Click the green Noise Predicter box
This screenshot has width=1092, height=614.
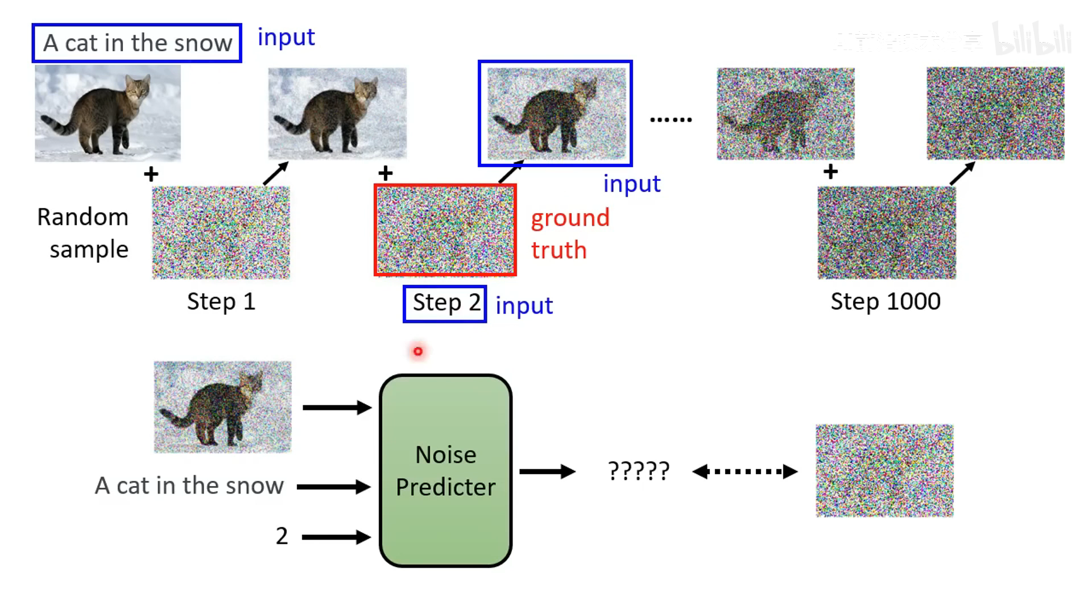[445, 470]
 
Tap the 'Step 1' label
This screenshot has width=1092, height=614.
[221, 301]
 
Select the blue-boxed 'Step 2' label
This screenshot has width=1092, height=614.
[445, 304]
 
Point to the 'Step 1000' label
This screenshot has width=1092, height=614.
[886, 301]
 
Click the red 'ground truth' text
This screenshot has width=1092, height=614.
[569, 234]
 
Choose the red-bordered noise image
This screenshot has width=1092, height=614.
[445, 230]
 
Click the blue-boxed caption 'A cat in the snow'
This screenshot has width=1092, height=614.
[137, 43]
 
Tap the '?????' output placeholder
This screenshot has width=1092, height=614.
[639, 471]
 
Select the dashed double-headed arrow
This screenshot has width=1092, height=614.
[744, 471]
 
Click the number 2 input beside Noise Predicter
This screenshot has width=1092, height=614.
[282, 536]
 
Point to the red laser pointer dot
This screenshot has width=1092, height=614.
[418, 351]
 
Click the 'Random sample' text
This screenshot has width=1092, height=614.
[84, 233]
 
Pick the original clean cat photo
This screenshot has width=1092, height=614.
[108, 113]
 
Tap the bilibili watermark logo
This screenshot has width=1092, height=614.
[1032, 40]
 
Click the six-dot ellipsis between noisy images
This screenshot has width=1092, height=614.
[671, 119]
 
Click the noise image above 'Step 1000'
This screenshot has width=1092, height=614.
[887, 233]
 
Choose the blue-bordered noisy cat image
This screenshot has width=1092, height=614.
[556, 113]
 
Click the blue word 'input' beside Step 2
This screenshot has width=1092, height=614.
[524, 306]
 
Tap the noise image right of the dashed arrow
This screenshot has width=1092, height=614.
[884, 471]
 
